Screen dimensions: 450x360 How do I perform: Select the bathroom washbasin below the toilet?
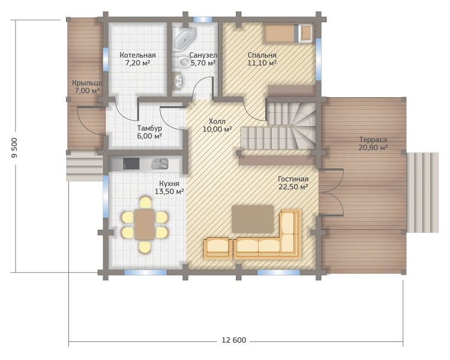click(179, 80)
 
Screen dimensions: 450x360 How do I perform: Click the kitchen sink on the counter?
click(160, 164)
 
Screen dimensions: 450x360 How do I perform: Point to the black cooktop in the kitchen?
click(131, 164)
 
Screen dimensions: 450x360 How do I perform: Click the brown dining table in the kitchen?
click(145, 224)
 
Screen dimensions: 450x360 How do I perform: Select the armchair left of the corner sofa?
click(218, 248)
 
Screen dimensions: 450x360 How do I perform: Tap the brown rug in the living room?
click(253, 219)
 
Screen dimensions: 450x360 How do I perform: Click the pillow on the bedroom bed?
click(305, 34)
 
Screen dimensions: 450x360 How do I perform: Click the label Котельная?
click(138, 55)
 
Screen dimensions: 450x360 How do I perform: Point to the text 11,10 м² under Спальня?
click(262, 62)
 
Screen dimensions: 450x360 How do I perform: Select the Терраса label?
click(373, 140)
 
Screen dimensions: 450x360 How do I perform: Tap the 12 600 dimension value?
click(234, 340)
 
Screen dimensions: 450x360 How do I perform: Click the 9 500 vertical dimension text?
click(14, 148)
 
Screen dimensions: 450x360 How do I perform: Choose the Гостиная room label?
click(293, 179)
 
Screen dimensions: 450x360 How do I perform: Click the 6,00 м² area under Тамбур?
click(149, 136)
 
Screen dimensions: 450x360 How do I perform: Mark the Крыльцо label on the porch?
click(87, 83)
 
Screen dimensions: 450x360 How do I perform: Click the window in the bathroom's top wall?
click(203, 20)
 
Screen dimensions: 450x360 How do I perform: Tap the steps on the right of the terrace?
click(422, 193)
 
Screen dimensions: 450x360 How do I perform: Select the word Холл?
click(217, 121)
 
